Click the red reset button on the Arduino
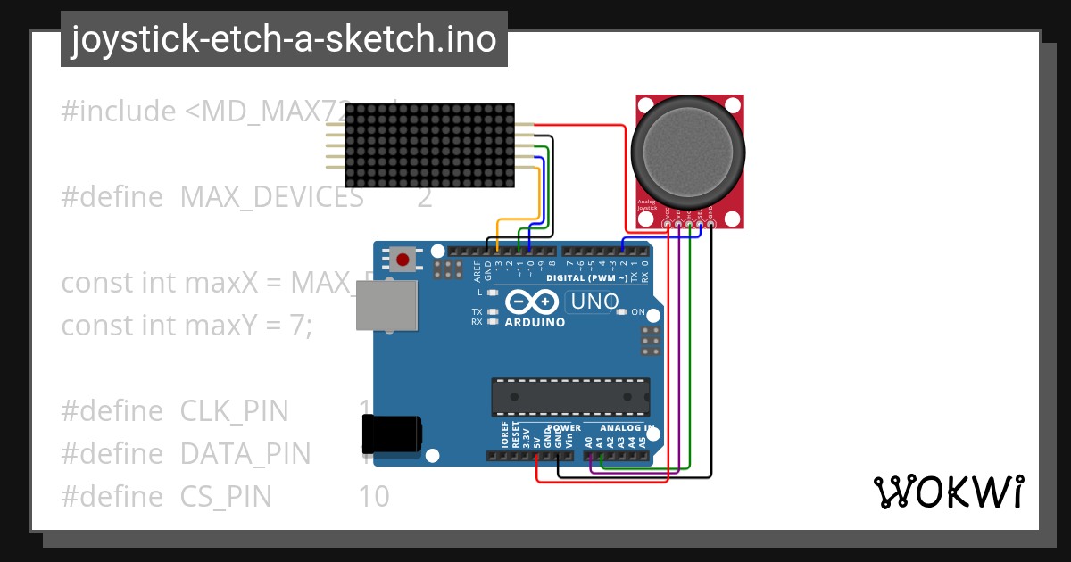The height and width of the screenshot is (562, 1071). (403, 260)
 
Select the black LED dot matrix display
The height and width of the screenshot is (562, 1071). (429, 145)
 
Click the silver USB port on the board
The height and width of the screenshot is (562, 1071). (386, 307)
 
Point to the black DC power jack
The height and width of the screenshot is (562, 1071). (391, 434)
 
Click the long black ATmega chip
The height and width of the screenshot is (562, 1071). (569, 393)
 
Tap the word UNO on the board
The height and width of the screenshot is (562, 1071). (594, 302)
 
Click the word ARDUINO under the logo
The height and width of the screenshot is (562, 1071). (535, 322)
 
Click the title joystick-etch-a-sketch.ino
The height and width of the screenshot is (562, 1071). (284, 39)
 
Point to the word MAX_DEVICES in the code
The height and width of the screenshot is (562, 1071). (271, 196)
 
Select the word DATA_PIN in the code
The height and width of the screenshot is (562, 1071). (245, 454)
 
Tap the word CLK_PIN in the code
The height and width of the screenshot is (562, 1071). (235, 411)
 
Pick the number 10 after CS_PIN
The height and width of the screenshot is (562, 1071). (374, 496)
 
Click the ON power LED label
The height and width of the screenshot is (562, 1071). (638, 312)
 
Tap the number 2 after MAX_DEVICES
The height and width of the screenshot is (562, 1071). (424, 196)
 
